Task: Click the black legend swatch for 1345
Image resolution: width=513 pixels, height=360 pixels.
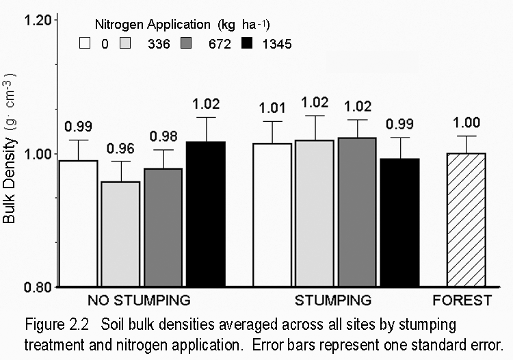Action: pyautogui.click(x=250, y=44)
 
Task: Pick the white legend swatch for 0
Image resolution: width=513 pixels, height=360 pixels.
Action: pyautogui.click(x=85, y=44)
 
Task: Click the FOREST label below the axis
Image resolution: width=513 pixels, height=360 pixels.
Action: pyautogui.click(x=466, y=300)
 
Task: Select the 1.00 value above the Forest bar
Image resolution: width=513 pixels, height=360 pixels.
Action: pyautogui.click(x=466, y=123)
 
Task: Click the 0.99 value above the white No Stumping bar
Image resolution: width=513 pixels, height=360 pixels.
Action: pyautogui.click(x=78, y=127)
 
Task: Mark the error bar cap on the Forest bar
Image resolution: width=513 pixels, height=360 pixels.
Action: pyautogui.click(x=466, y=136)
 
